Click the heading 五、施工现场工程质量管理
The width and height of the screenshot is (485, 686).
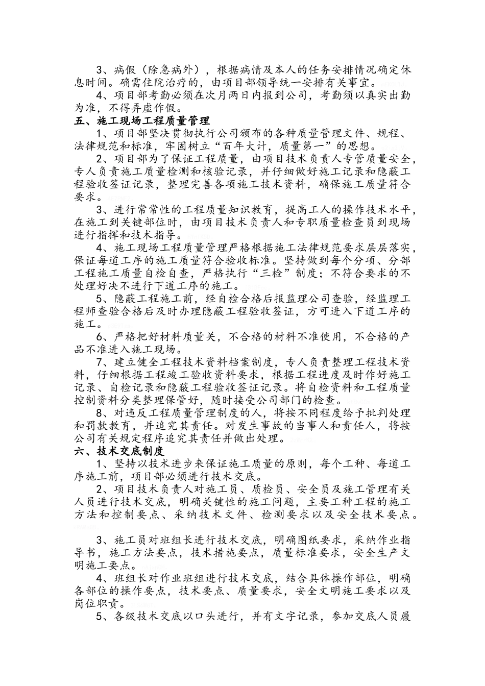click(x=141, y=121)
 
